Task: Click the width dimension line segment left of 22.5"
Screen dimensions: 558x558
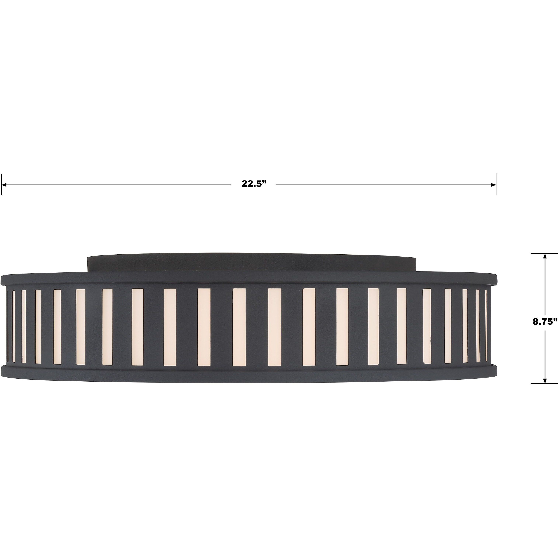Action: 116,184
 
